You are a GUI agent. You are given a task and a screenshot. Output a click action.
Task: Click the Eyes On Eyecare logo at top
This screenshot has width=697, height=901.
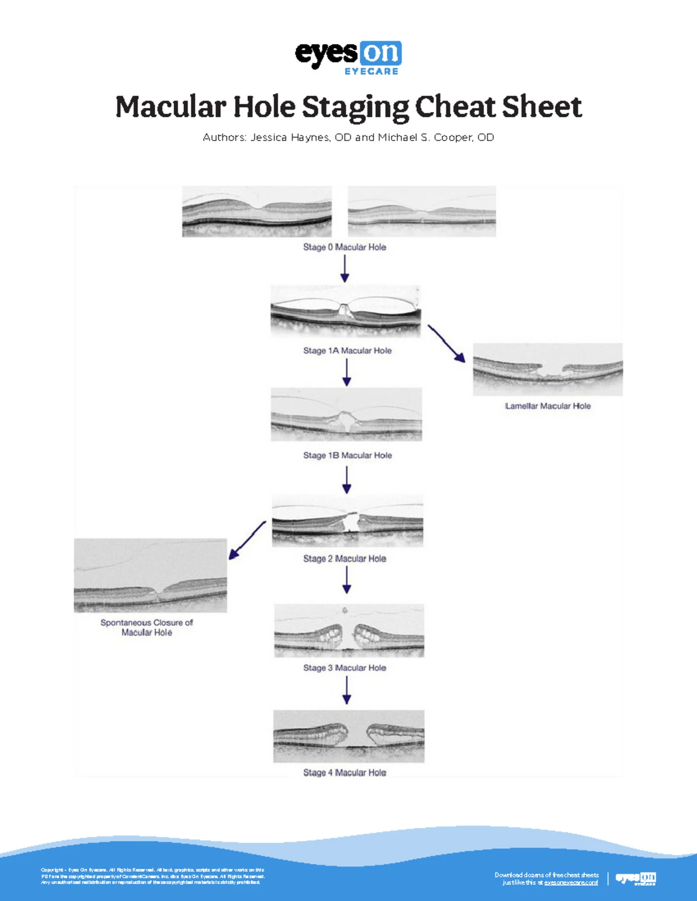pyautogui.click(x=348, y=57)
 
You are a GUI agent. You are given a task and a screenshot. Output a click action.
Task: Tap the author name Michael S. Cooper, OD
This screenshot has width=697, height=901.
pyautogui.click(x=436, y=137)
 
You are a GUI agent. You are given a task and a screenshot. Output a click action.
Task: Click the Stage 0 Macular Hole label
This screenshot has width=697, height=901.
pyautogui.click(x=344, y=247)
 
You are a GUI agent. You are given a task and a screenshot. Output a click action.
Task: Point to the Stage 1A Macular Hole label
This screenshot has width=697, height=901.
pyautogui.click(x=347, y=351)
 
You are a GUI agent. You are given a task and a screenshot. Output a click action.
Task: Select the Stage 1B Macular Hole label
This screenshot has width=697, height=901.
pyautogui.click(x=347, y=455)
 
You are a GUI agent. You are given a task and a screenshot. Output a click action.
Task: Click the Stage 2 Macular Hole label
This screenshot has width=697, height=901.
pyautogui.click(x=344, y=559)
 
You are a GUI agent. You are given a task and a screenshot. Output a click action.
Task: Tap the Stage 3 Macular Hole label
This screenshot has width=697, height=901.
pyautogui.click(x=344, y=668)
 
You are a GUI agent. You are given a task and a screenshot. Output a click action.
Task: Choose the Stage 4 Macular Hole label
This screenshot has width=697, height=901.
pyautogui.click(x=344, y=773)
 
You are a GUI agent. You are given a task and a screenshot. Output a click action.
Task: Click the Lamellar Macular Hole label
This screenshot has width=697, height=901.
pyautogui.click(x=548, y=406)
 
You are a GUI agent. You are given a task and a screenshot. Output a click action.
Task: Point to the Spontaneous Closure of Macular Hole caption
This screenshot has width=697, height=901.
pyautogui.click(x=147, y=627)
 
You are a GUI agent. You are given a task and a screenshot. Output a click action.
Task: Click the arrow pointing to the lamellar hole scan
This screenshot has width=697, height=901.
pyautogui.click(x=447, y=344)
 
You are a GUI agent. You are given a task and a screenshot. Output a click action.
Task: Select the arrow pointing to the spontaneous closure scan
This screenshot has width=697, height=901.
pyautogui.click(x=247, y=540)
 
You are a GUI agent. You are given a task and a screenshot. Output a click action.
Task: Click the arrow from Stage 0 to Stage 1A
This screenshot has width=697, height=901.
pyautogui.click(x=345, y=269)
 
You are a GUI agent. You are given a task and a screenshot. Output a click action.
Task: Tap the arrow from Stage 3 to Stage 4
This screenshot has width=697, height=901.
pyautogui.click(x=347, y=690)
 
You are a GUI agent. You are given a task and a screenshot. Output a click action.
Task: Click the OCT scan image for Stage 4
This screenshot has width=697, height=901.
pyautogui.click(x=348, y=736)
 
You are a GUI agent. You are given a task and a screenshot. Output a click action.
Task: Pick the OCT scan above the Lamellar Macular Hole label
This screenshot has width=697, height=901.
pyautogui.click(x=548, y=370)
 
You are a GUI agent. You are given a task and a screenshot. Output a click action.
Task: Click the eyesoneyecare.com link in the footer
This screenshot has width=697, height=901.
pyautogui.click(x=571, y=882)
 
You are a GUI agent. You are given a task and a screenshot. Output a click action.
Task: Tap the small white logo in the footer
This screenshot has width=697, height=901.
pyautogui.click(x=635, y=878)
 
